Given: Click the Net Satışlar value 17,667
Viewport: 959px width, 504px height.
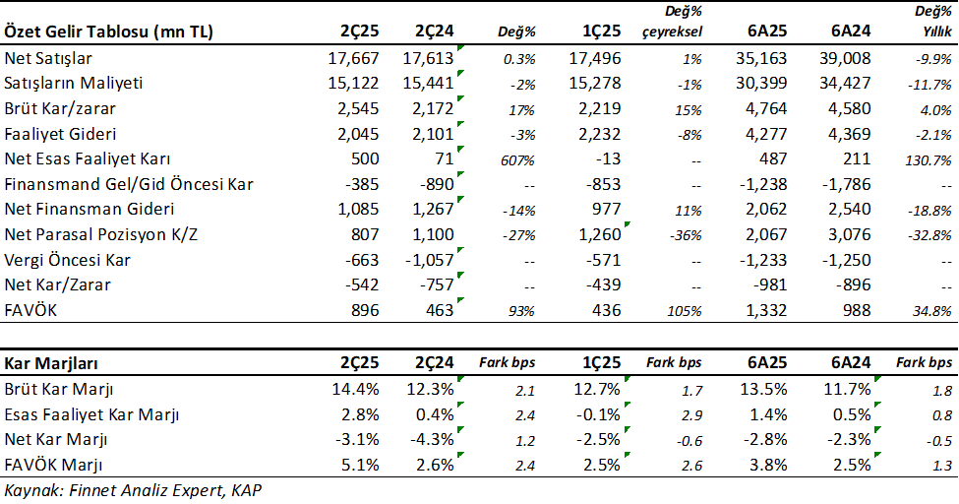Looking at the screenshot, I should click(352, 60).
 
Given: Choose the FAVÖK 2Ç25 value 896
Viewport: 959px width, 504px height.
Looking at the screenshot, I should click(359, 311).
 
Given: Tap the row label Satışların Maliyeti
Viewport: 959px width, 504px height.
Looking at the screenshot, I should click(76, 85).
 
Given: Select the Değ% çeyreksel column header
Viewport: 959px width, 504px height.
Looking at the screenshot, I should click(676, 23).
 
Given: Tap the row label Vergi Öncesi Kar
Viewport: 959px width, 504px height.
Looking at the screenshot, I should click(68, 260).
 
